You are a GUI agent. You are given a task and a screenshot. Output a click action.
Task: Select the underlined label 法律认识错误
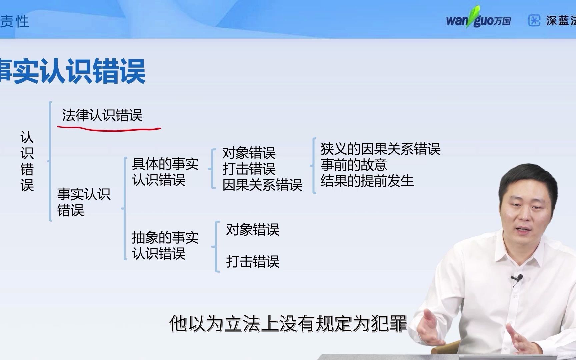tap(102, 115)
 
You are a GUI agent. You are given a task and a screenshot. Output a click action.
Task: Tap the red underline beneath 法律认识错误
tap(109, 129)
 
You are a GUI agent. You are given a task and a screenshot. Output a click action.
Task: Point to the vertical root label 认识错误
tap(27, 161)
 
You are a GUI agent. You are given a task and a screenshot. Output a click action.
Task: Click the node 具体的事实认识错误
tap(165, 172)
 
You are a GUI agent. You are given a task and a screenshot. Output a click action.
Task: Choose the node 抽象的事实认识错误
tap(165, 245)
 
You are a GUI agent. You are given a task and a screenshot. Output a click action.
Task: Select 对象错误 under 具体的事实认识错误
tap(249, 153)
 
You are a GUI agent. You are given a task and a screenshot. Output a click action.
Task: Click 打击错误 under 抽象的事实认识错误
tap(253, 261)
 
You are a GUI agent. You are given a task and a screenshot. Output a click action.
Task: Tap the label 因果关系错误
tap(262, 185)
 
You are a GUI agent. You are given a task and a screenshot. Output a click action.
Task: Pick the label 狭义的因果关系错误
tap(380, 149)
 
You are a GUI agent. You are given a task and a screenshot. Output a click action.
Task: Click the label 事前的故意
tap(354, 165)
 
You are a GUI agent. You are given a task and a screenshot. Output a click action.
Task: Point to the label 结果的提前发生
tap(367, 181)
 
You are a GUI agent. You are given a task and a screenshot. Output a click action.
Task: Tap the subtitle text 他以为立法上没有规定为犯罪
tap(288, 323)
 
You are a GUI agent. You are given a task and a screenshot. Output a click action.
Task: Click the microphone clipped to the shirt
tap(517, 278)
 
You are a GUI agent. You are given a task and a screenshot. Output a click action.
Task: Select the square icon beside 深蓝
tap(534, 20)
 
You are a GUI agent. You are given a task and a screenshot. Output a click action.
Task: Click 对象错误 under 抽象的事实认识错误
tap(253, 230)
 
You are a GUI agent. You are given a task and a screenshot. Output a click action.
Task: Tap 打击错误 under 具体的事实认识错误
tap(249, 169)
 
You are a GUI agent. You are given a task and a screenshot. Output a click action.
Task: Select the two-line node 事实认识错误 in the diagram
tap(83, 202)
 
